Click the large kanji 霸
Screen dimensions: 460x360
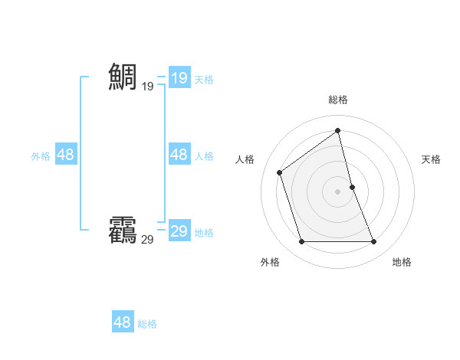[123, 230]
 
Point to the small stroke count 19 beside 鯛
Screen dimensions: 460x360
[147, 87]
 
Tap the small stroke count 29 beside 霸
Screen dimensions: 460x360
[147, 240]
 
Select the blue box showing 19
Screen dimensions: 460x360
[179, 77]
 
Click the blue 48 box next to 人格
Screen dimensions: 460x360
[179, 155]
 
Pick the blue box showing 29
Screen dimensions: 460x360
[179, 231]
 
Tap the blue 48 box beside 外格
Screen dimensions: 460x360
[65, 155]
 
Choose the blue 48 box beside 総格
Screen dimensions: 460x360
[122, 322]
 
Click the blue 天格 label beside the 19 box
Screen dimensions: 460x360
[204, 79]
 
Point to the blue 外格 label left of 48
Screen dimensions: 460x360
[41, 156]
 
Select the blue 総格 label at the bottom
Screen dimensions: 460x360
[147, 324]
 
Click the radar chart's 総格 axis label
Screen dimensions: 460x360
[338, 100]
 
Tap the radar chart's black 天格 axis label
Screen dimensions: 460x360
[431, 159]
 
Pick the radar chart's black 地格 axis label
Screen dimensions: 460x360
[402, 263]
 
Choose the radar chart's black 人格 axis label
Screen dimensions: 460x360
[245, 159]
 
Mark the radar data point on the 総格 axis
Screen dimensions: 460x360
[338, 130]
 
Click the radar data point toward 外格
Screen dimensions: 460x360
[301, 242]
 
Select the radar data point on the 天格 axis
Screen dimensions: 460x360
[352, 187]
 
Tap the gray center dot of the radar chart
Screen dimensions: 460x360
[338, 191]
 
